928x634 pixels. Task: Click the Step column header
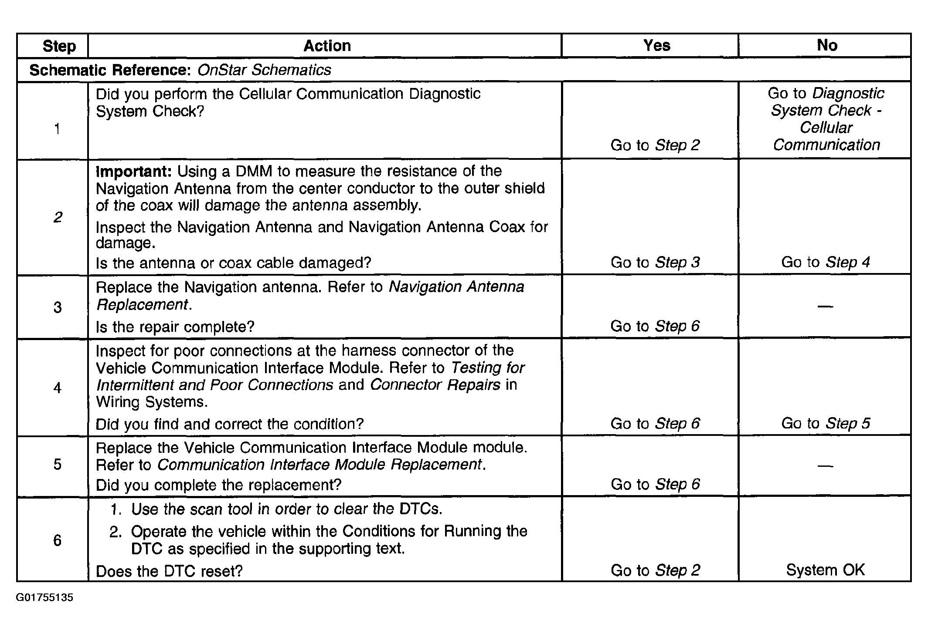click(x=59, y=46)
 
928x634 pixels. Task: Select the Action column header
click(x=327, y=46)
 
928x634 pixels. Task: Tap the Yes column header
click(x=656, y=45)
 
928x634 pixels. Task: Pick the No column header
click(x=826, y=45)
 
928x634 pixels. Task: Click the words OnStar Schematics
click(x=264, y=70)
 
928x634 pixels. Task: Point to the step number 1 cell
click(x=57, y=129)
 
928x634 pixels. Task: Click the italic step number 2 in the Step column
click(x=58, y=217)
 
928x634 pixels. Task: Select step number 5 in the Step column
click(x=58, y=464)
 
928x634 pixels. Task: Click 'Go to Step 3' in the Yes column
click(x=655, y=262)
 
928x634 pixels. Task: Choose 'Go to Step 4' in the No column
click(x=825, y=262)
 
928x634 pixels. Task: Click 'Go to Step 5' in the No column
click(x=825, y=423)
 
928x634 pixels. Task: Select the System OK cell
click(x=825, y=570)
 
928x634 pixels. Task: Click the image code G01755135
click(x=44, y=597)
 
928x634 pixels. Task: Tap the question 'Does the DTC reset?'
click(x=169, y=571)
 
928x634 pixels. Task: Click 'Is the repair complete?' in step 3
click(x=175, y=327)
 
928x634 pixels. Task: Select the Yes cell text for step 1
click(x=655, y=145)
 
